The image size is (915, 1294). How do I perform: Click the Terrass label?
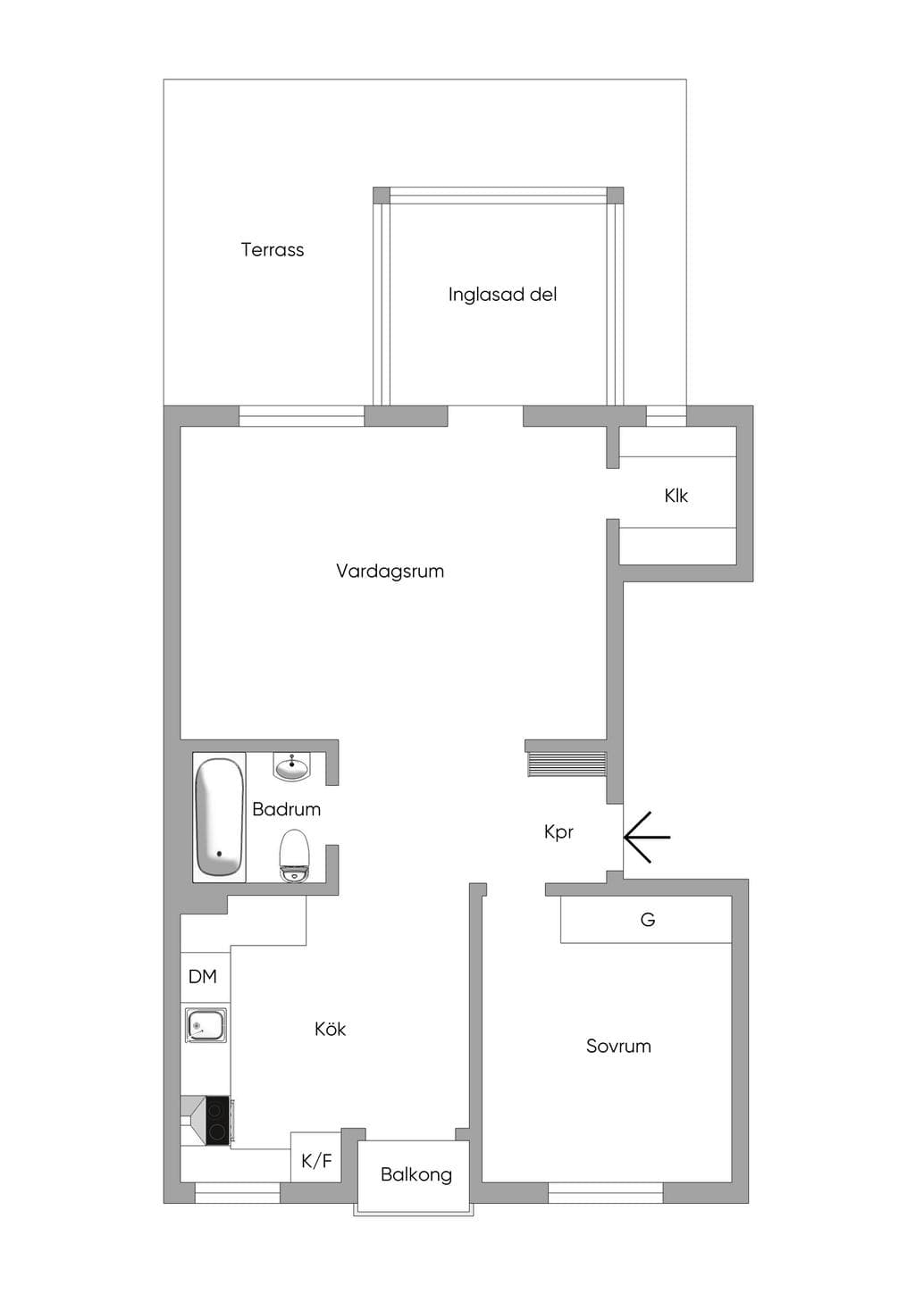[x=273, y=249]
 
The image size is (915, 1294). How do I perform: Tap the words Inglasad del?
[x=502, y=295]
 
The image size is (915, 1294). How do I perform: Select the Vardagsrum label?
[x=390, y=572]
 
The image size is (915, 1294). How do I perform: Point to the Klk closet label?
[x=676, y=496]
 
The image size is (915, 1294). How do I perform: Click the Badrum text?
[x=287, y=809]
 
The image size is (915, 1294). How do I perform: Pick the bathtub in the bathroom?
[x=219, y=817]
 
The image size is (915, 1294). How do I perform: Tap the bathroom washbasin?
[x=292, y=766]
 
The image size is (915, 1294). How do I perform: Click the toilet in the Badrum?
[x=295, y=856]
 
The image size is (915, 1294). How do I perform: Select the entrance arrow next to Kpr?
[x=647, y=837]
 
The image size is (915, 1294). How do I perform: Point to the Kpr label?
[x=558, y=832]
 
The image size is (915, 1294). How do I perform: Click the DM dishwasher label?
[x=203, y=976]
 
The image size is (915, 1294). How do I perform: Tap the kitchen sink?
[x=206, y=1025]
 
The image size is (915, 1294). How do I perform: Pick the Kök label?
[x=330, y=1029]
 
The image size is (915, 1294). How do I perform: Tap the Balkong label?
[x=416, y=1175]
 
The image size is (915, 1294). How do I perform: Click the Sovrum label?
[x=618, y=1046]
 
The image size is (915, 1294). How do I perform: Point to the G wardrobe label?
[x=647, y=919]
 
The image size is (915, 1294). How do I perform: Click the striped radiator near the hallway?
[x=567, y=764]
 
